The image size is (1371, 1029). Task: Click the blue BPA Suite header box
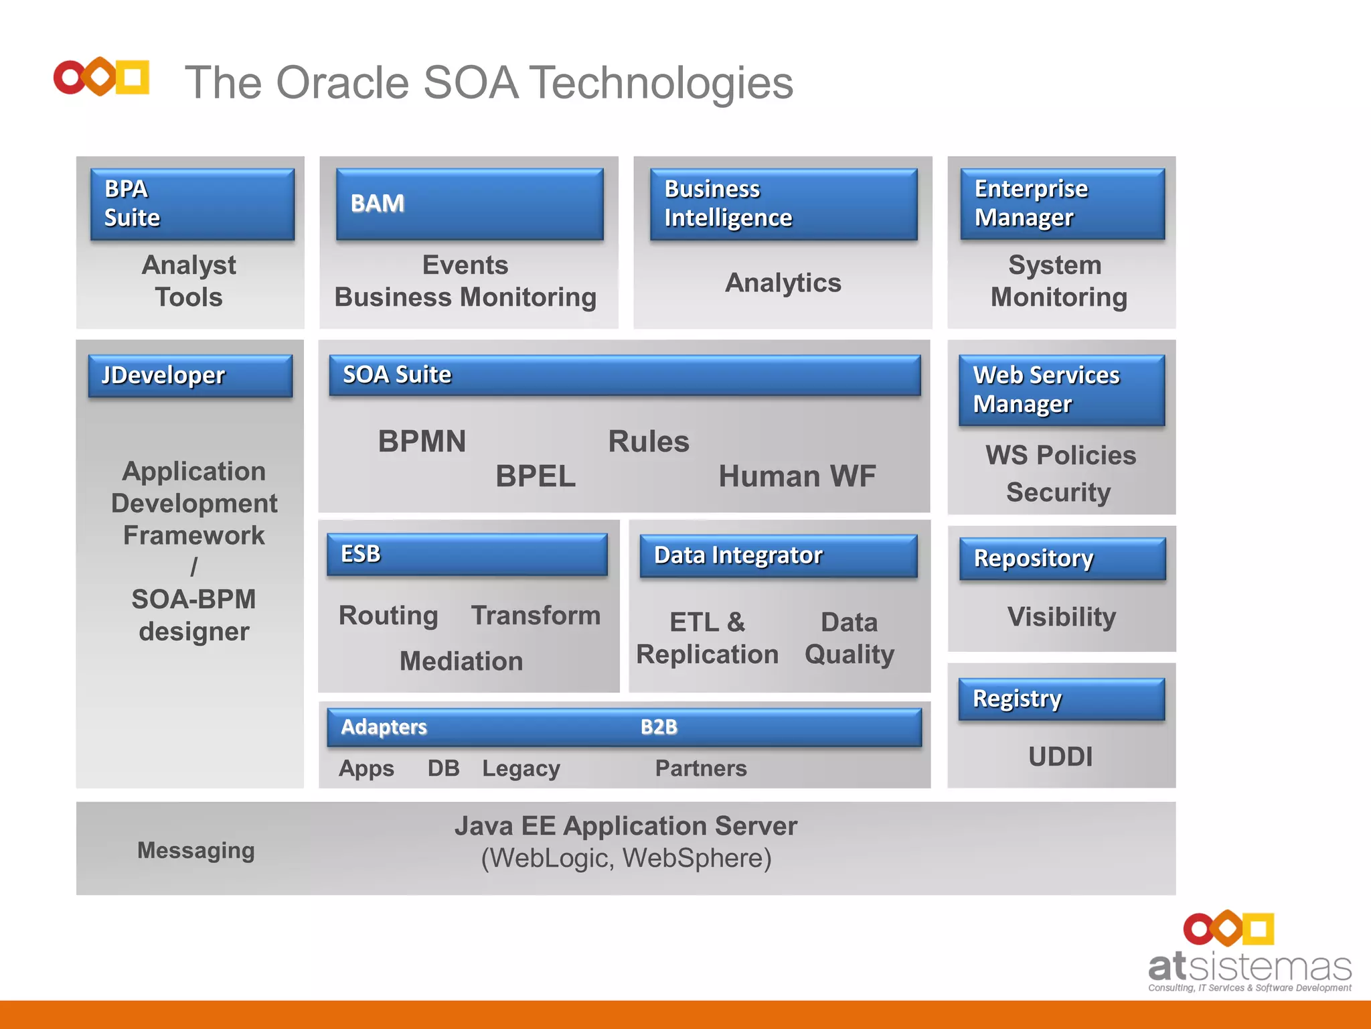click(192, 204)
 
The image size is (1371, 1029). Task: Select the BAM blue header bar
click(469, 204)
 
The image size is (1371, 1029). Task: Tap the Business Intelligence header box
click(783, 204)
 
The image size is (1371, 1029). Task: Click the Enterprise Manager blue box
click(1062, 204)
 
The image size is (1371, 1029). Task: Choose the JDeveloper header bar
click(190, 375)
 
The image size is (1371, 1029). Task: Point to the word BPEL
click(536, 476)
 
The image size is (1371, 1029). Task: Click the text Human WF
click(797, 476)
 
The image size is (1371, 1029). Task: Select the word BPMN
click(422, 441)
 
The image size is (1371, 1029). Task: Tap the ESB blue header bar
click(467, 554)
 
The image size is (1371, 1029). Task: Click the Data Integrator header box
click(778, 555)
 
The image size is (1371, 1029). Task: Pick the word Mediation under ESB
click(461, 661)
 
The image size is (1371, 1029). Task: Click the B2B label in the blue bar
click(659, 727)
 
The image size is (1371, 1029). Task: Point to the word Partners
click(701, 768)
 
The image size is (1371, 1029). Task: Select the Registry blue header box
click(1061, 699)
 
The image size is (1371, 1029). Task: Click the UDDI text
click(1060, 757)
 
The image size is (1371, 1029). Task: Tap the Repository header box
click(1062, 558)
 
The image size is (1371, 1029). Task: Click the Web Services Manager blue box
click(1061, 390)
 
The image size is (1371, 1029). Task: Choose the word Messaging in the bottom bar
click(195, 850)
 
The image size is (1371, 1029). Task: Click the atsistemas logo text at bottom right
click(1249, 967)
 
